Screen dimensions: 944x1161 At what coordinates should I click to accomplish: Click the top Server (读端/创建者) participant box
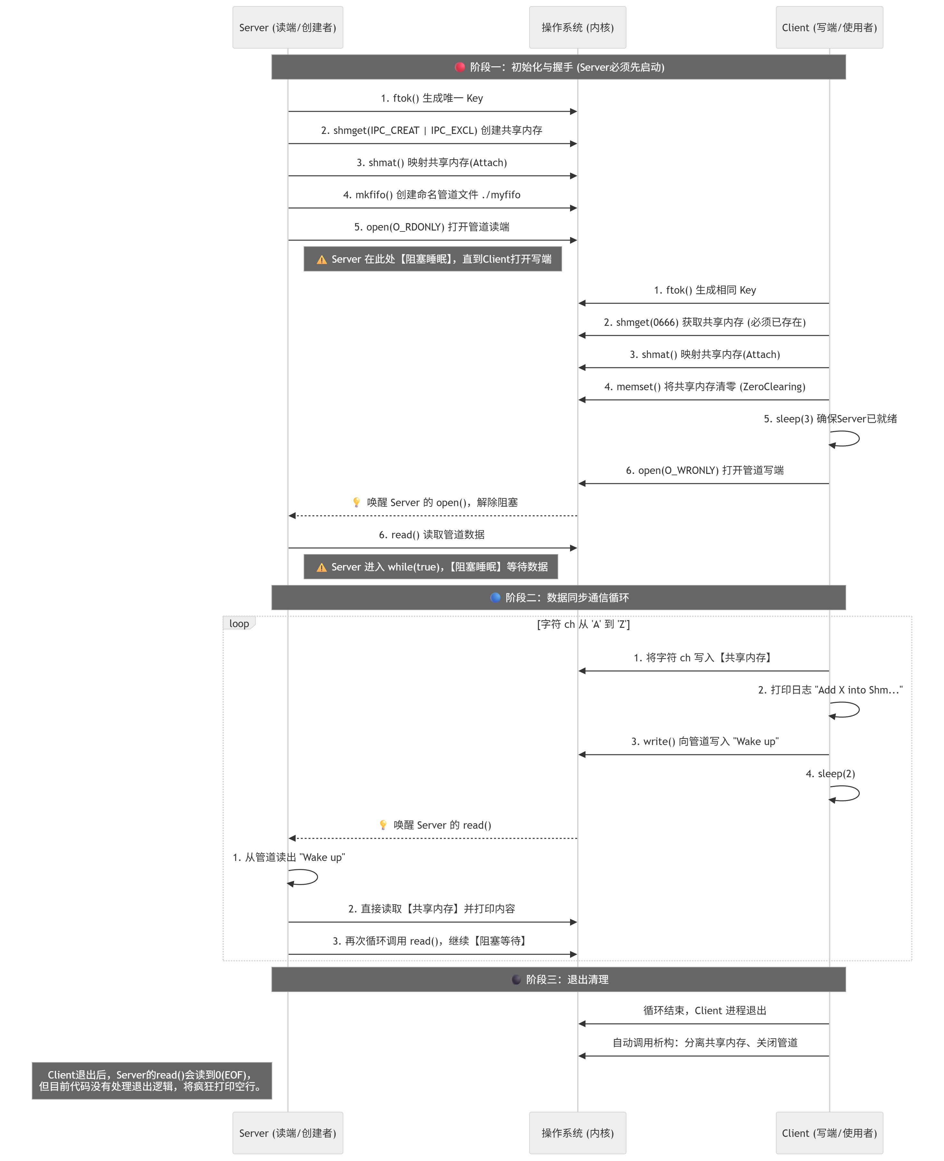click(288, 27)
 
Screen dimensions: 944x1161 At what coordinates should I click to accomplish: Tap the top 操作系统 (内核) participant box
click(577, 27)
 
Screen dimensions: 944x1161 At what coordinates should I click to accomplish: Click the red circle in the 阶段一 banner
click(460, 67)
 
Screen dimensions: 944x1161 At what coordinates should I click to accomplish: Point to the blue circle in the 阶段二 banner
click(495, 597)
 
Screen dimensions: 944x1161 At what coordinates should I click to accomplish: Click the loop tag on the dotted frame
click(239, 623)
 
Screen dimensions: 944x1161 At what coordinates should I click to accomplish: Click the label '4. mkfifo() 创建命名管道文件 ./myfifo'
click(432, 194)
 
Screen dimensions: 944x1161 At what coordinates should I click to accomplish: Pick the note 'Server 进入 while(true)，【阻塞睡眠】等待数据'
click(431, 566)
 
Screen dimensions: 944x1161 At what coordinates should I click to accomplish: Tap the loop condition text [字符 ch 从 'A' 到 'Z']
click(584, 624)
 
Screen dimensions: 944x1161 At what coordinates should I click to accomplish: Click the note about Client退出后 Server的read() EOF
click(152, 1081)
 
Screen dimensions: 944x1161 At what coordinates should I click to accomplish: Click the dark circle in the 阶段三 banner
click(516, 979)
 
